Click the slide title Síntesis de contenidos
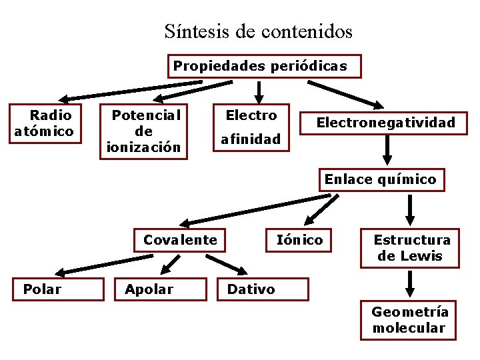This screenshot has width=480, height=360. coord(258,31)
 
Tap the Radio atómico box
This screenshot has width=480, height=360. coord(45,123)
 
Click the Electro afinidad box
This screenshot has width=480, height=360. coord(251,127)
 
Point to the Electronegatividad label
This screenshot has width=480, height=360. coord(385,123)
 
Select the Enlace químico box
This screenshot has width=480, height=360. coord(380,179)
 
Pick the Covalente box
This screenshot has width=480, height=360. coord(180,240)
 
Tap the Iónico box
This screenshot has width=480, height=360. coord(299,240)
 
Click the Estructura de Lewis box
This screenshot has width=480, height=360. coord(410,248)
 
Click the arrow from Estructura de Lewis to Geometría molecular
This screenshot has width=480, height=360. coord(410,283)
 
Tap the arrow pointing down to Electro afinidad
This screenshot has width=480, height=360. coord(260,91)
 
